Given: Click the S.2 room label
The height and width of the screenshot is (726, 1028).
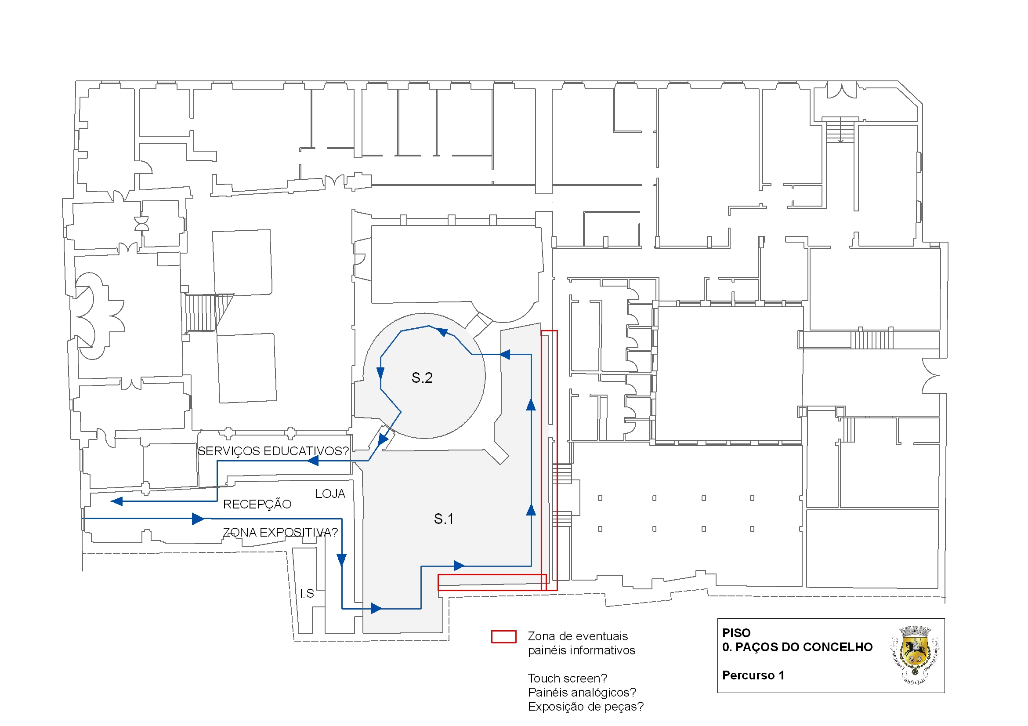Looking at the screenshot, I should point(422,378).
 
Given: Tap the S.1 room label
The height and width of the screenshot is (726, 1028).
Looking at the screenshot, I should point(444,519).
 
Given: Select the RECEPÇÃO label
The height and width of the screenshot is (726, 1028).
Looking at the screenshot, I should point(257,505).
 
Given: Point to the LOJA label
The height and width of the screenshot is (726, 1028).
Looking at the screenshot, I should point(330,494).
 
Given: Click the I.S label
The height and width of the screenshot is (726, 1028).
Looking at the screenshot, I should point(307,593).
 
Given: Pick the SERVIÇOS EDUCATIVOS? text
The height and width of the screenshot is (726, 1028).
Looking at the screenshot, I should point(273,451).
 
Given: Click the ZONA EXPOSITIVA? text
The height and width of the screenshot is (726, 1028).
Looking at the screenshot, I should point(280,532).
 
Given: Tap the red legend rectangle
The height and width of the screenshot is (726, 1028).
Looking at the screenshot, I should point(504,636).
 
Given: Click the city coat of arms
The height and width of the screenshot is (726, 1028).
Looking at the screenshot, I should point(915,655).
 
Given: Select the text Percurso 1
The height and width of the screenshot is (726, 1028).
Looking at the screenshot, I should point(753,675).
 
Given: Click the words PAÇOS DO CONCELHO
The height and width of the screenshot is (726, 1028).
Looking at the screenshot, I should point(804,647).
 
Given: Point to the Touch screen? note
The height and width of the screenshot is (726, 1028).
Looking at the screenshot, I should point(567,678).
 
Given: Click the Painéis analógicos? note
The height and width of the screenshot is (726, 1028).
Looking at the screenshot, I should point(582,693).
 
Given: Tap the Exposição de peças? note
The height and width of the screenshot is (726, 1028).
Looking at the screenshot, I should point(585,706).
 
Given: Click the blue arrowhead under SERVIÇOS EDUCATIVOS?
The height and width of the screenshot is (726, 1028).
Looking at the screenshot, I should point(312,461).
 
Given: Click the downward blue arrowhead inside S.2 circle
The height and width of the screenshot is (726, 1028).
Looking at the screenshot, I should point(380,373).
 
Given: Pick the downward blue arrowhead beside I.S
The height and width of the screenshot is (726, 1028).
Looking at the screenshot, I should point(342,559).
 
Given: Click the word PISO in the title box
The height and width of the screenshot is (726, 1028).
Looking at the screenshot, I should point(736,633).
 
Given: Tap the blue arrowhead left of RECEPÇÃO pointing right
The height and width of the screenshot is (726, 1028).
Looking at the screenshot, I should point(197,519).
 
